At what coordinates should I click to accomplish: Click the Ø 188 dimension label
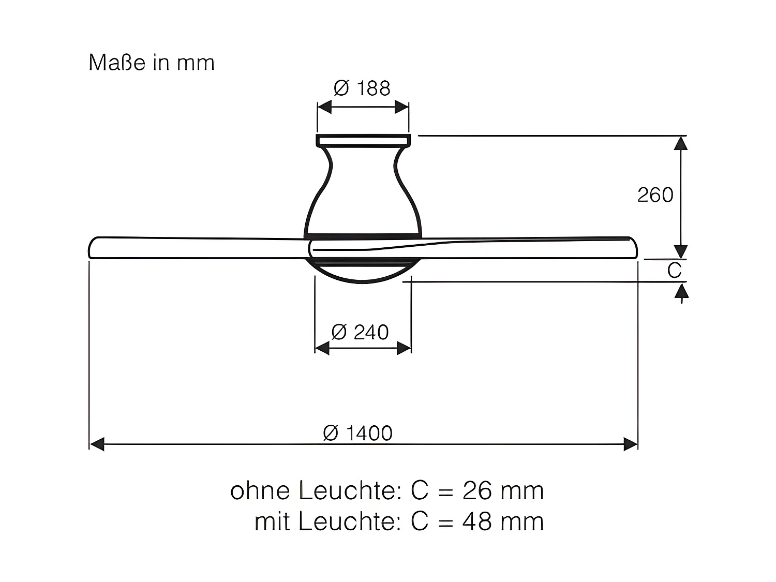(x=362, y=88)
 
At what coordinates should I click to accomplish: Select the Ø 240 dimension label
(x=360, y=332)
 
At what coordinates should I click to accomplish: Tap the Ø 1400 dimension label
(x=357, y=433)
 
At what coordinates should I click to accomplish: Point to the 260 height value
(x=655, y=195)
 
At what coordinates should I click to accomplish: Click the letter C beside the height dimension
(x=674, y=271)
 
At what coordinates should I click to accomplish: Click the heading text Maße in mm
(x=152, y=63)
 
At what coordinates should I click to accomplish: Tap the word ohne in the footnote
(x=261, y=490)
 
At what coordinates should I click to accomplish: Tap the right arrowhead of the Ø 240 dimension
(x=404, y=348)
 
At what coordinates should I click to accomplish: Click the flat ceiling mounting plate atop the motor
(x=363, y=140)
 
